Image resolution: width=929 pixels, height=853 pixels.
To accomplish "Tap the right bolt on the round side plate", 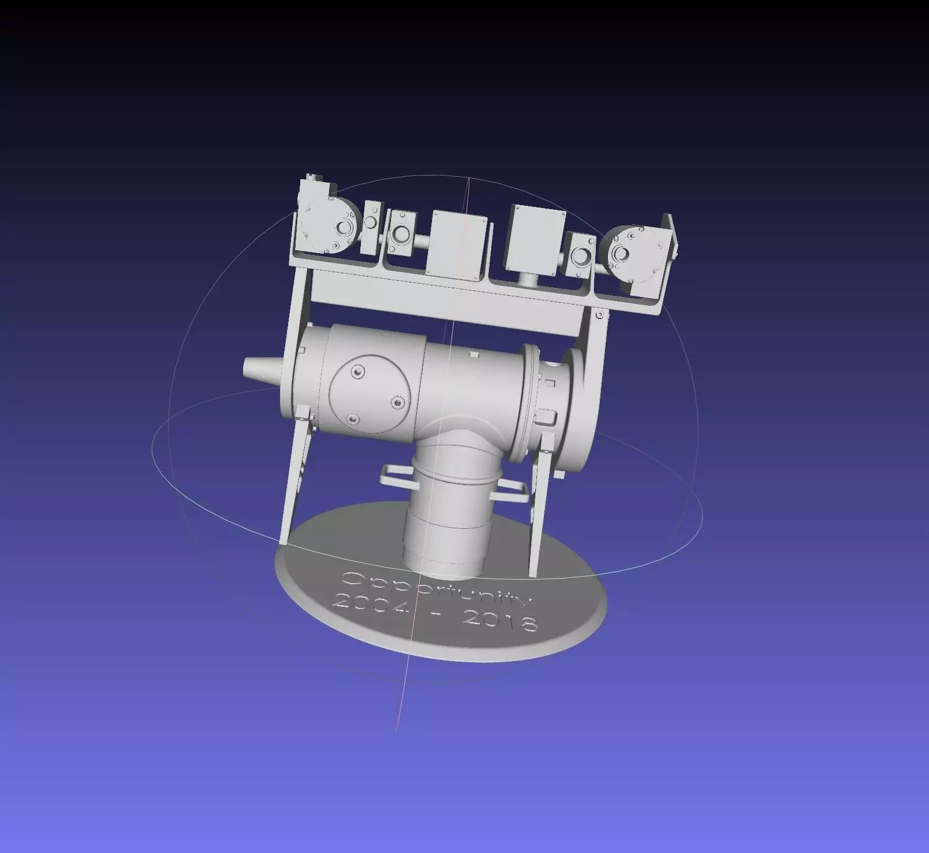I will click(x=397, y=402).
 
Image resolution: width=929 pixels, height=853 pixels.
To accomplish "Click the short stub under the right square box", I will click(x=527, y=281).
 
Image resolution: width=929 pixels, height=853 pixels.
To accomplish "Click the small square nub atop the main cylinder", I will click(x=475, y=354).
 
